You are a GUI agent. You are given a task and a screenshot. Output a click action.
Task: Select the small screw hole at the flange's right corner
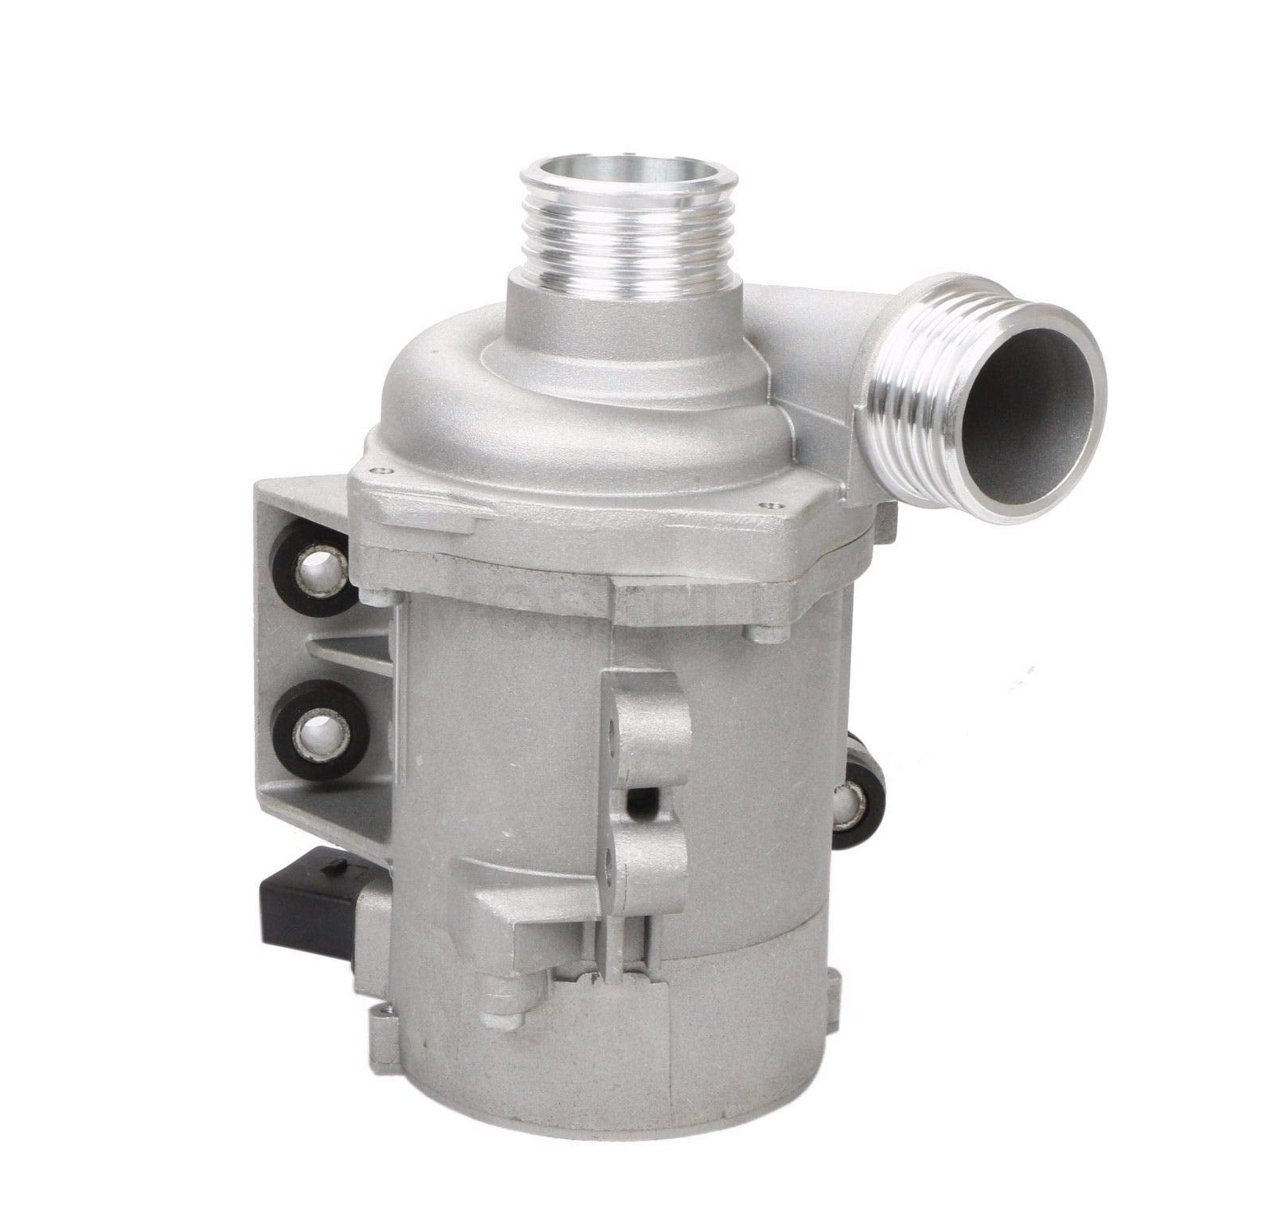tap(769, 505)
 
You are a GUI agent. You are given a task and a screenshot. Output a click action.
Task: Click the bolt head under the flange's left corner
tap(377, 595)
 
